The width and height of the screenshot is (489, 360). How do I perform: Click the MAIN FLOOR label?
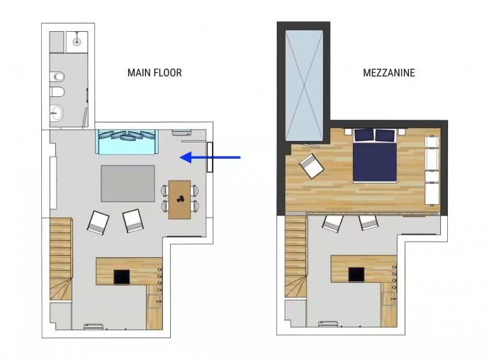click(154, 73)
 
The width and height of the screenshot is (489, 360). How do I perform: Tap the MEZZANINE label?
click(389, 73)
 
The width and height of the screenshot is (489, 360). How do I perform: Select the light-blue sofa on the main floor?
click(128, 142)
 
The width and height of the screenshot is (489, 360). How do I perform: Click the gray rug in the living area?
click(128, 184)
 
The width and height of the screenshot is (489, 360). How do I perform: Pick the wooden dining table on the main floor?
click(179, 200)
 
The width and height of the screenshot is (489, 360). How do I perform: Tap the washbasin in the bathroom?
click(57, 113)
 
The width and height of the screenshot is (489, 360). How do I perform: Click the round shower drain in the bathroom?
click(77, 41)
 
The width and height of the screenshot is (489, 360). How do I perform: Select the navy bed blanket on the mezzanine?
click(375, 162)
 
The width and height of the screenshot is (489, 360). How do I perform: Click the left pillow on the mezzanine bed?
click(364, 135)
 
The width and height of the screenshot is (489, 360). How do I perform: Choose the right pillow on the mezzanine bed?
click(385, 135)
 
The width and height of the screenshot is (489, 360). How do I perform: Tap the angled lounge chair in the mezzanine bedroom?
click(312, 166)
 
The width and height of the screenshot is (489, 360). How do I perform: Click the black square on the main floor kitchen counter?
click(122, 277)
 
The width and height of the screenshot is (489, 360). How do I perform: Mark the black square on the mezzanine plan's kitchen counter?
click(356, 274)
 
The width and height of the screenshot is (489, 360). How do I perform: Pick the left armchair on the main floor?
click(99, 223)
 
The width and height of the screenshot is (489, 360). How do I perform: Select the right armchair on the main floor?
click(133, 220)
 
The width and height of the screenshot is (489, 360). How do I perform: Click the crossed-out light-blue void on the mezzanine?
click(304, 86)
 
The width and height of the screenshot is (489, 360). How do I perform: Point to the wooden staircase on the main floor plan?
click(61, 259)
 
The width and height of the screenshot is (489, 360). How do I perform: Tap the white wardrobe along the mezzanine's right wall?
click(432, 171)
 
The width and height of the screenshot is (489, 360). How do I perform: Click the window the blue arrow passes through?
click(210, 157)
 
